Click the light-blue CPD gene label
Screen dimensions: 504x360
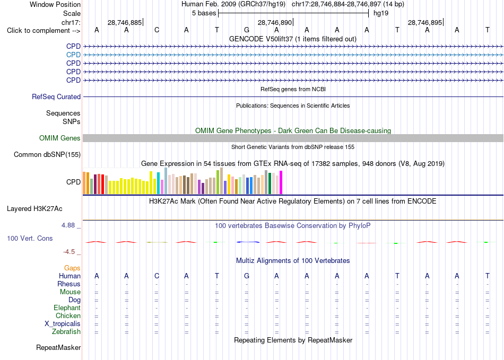pyautogui.click(x=73, y=55)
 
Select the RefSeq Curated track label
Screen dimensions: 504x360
pyautogui.click(x=56, y=96)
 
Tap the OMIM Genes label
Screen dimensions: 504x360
pyautogui.click(x=60, y=138)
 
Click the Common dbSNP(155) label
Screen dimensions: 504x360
pyautogui.click(x=47, y=154)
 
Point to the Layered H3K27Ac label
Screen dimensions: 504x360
pyautogui.click(x=34, y=209)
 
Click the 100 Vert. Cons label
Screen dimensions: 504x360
pyautogui.click(x=30, y=238)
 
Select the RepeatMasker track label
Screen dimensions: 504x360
pyautogui.click(x=58, y=347)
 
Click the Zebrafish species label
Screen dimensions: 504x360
pyautogui.click(x=66, y=332)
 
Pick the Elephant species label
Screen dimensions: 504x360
pyautogui.click(x=67, y=308)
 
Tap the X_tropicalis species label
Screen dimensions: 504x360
pyautogui.click(x=63, y=324)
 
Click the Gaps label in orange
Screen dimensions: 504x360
pyautogui.click(x=72, y=268)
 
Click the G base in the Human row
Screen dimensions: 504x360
pyautogui.click(x=247, y=276)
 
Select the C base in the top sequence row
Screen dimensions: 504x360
pyautogui.click(x=157, y=30)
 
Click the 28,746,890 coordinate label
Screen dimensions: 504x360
pyautogui.click(x=275, y=22)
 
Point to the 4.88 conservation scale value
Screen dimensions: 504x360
pyautogui.click(x=68, y=225)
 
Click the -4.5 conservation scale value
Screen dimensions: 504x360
pyautogui.click(x=69, y=252)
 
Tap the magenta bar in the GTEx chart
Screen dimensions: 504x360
pyautogui.click(x=281, y=182)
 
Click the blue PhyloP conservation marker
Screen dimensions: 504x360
pyautogui.click(x=248, y=242)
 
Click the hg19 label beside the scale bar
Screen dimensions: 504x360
pyautogui.click(x=381, y=13)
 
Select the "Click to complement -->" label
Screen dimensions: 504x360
pyautogui.click(x=44, y=31)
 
